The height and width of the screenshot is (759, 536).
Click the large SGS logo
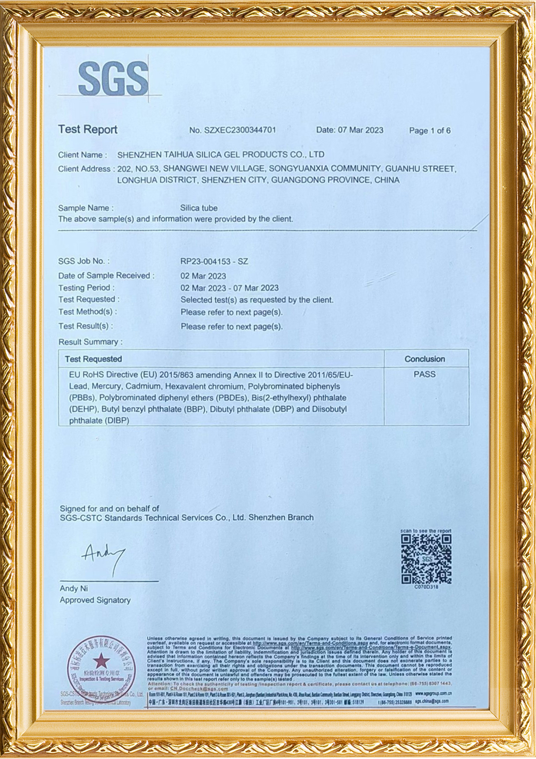113,78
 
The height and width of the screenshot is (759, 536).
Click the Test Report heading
88,129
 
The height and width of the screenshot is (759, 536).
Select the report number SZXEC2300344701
240,130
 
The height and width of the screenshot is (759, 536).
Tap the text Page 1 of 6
430,130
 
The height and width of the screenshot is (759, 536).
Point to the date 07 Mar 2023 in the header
360,130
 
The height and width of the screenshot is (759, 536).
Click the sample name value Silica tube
199,208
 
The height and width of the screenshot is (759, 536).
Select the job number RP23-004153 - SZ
214,261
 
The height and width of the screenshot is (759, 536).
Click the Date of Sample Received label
106,276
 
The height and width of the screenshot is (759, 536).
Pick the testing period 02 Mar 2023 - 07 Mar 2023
229,288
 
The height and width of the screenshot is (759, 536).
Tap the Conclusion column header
425,359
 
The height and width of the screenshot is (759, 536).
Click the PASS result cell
425,374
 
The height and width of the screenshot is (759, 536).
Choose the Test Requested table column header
93,359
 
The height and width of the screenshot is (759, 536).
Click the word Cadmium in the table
147,386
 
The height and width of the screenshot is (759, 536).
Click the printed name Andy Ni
74,589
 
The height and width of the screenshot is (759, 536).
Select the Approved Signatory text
95,600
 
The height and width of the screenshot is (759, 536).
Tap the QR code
426,559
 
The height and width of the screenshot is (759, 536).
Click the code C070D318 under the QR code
426,587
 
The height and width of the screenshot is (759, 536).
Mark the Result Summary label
90,342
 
